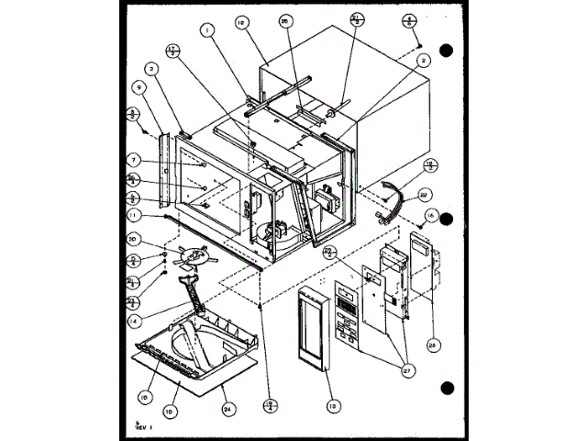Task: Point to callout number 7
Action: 134,158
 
